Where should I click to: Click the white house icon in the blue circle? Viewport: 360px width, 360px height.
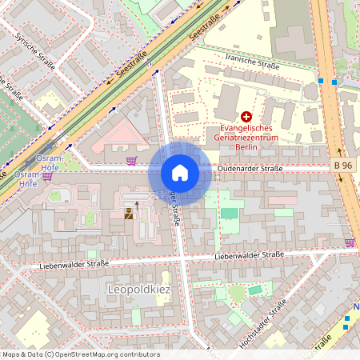180,172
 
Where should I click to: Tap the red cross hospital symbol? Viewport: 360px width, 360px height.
246,117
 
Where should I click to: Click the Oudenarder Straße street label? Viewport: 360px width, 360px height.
250,168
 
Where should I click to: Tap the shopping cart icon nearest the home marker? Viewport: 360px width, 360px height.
130,161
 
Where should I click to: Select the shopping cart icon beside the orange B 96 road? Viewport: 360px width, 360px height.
350,241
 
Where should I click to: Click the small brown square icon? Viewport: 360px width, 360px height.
127,213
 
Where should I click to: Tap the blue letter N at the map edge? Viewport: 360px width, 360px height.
356,307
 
